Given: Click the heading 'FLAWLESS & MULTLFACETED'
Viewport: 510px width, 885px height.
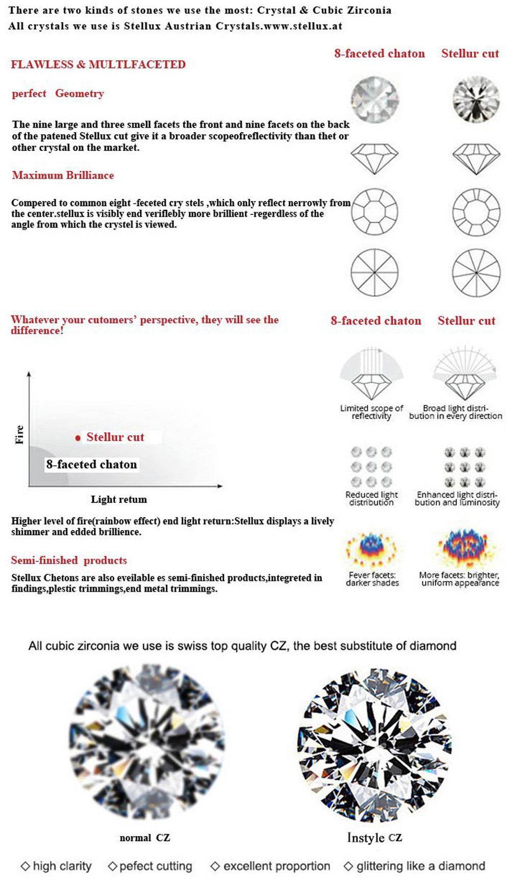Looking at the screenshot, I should click(x=98, y=65).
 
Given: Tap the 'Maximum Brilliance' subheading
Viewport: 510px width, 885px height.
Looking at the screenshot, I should click(x=63, y=175).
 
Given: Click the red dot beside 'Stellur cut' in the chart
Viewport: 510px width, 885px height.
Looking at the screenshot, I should click(x=78, y=438).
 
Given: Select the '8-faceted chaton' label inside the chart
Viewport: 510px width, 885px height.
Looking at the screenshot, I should click(x=92, y=465).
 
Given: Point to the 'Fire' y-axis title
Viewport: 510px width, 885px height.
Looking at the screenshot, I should click(x=19, y=435).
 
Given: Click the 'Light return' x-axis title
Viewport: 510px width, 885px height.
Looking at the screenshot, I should click(x=119, y=500).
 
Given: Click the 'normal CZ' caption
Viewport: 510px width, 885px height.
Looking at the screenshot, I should click(x=145, y=838).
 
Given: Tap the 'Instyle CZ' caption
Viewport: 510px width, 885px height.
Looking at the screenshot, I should click(x=374, y=838).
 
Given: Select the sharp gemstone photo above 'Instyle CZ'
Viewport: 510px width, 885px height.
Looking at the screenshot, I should click(x=374, y=745).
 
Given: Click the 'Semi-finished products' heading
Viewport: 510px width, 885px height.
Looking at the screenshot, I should click(x=69, y=561).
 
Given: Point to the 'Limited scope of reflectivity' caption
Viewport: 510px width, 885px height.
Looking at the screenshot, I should click(x=371, y=412).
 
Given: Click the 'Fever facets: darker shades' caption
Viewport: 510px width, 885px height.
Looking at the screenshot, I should click(x=372, y=579).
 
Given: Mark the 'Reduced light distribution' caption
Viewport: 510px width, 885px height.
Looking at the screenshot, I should click(x=371, y=498).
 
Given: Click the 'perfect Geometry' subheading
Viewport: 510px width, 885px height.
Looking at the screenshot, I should click(x=58, y=94).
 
